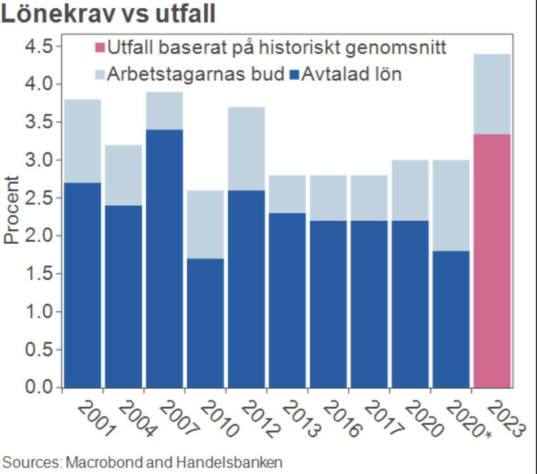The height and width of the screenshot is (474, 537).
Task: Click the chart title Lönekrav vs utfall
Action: tap(108, 14)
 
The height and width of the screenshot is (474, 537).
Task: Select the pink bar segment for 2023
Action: tap(492, 261)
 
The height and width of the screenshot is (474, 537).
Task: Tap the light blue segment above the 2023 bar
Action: tap(492, 94)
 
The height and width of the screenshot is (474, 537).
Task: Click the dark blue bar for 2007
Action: tap(164, 259)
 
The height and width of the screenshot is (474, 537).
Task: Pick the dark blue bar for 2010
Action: tap(205, 323)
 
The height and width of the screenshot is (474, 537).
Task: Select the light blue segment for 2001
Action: tap(83, 141)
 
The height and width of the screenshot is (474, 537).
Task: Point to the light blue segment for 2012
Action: tap(246, 148)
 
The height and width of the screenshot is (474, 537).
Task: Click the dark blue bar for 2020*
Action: tap(451, 319)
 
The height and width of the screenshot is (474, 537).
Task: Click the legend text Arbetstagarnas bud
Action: tap(196, 74)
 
